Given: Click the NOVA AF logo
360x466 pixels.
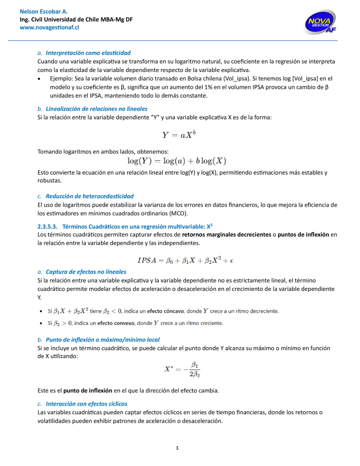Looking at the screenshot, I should pos(321,23).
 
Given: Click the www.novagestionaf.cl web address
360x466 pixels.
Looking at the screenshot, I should pos(49,28).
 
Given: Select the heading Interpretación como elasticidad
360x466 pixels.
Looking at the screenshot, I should pos(88,52).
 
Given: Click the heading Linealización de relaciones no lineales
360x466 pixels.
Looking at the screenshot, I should pos(96,108).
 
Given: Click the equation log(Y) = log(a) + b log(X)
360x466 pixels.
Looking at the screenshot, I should pos(177,161).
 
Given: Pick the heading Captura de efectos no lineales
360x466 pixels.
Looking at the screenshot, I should pos(86,272).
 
